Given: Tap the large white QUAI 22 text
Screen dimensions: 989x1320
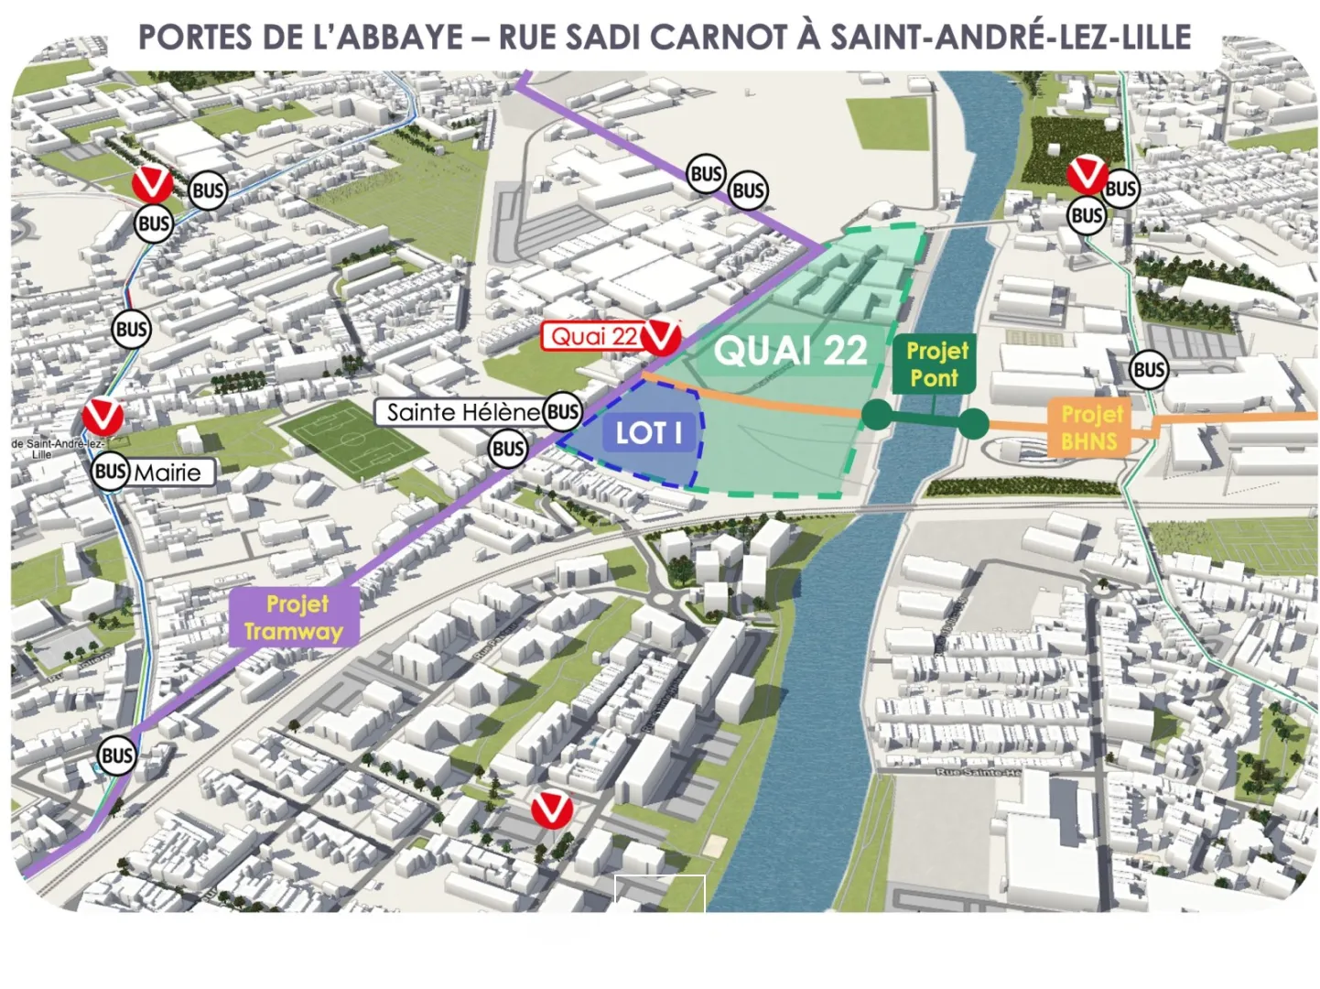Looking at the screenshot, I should [790, 351].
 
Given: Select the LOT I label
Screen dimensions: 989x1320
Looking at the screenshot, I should [648, 432].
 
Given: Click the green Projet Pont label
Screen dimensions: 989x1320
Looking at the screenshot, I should [934, 364].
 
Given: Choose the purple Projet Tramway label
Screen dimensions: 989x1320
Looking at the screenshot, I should [293, 617].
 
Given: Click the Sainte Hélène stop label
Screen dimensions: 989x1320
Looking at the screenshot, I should [463, 412].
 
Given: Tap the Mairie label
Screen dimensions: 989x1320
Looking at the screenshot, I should [168, 473].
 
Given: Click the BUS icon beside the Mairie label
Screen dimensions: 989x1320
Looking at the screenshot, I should [110, 473].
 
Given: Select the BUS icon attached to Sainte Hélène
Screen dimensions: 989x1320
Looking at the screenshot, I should [562, 412].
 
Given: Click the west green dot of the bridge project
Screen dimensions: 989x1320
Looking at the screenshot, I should [876, 415].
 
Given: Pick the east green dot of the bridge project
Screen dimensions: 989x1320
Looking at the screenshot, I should [973, 422].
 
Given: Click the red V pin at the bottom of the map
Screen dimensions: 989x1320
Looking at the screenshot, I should [552, 810].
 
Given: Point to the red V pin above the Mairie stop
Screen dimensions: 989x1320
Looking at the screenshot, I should [103, 417].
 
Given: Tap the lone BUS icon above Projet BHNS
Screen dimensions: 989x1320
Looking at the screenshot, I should [1149, 370].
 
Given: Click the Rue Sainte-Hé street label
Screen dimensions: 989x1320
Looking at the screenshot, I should [979, 773].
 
